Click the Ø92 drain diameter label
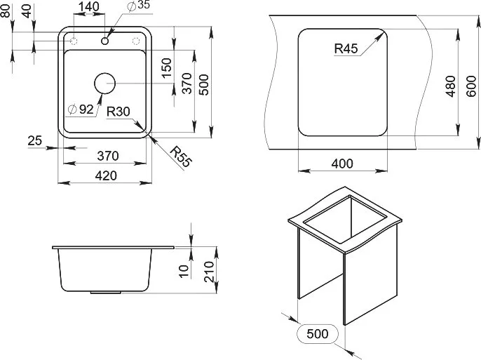[81, 109]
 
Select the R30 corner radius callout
[118, 112]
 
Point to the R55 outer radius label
[181, 157]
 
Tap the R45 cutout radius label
[346, 48]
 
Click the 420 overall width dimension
[106, 176]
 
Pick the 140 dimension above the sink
[88, 6]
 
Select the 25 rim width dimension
[34, 140]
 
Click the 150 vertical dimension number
[166, 68]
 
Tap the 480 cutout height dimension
[451, 86]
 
